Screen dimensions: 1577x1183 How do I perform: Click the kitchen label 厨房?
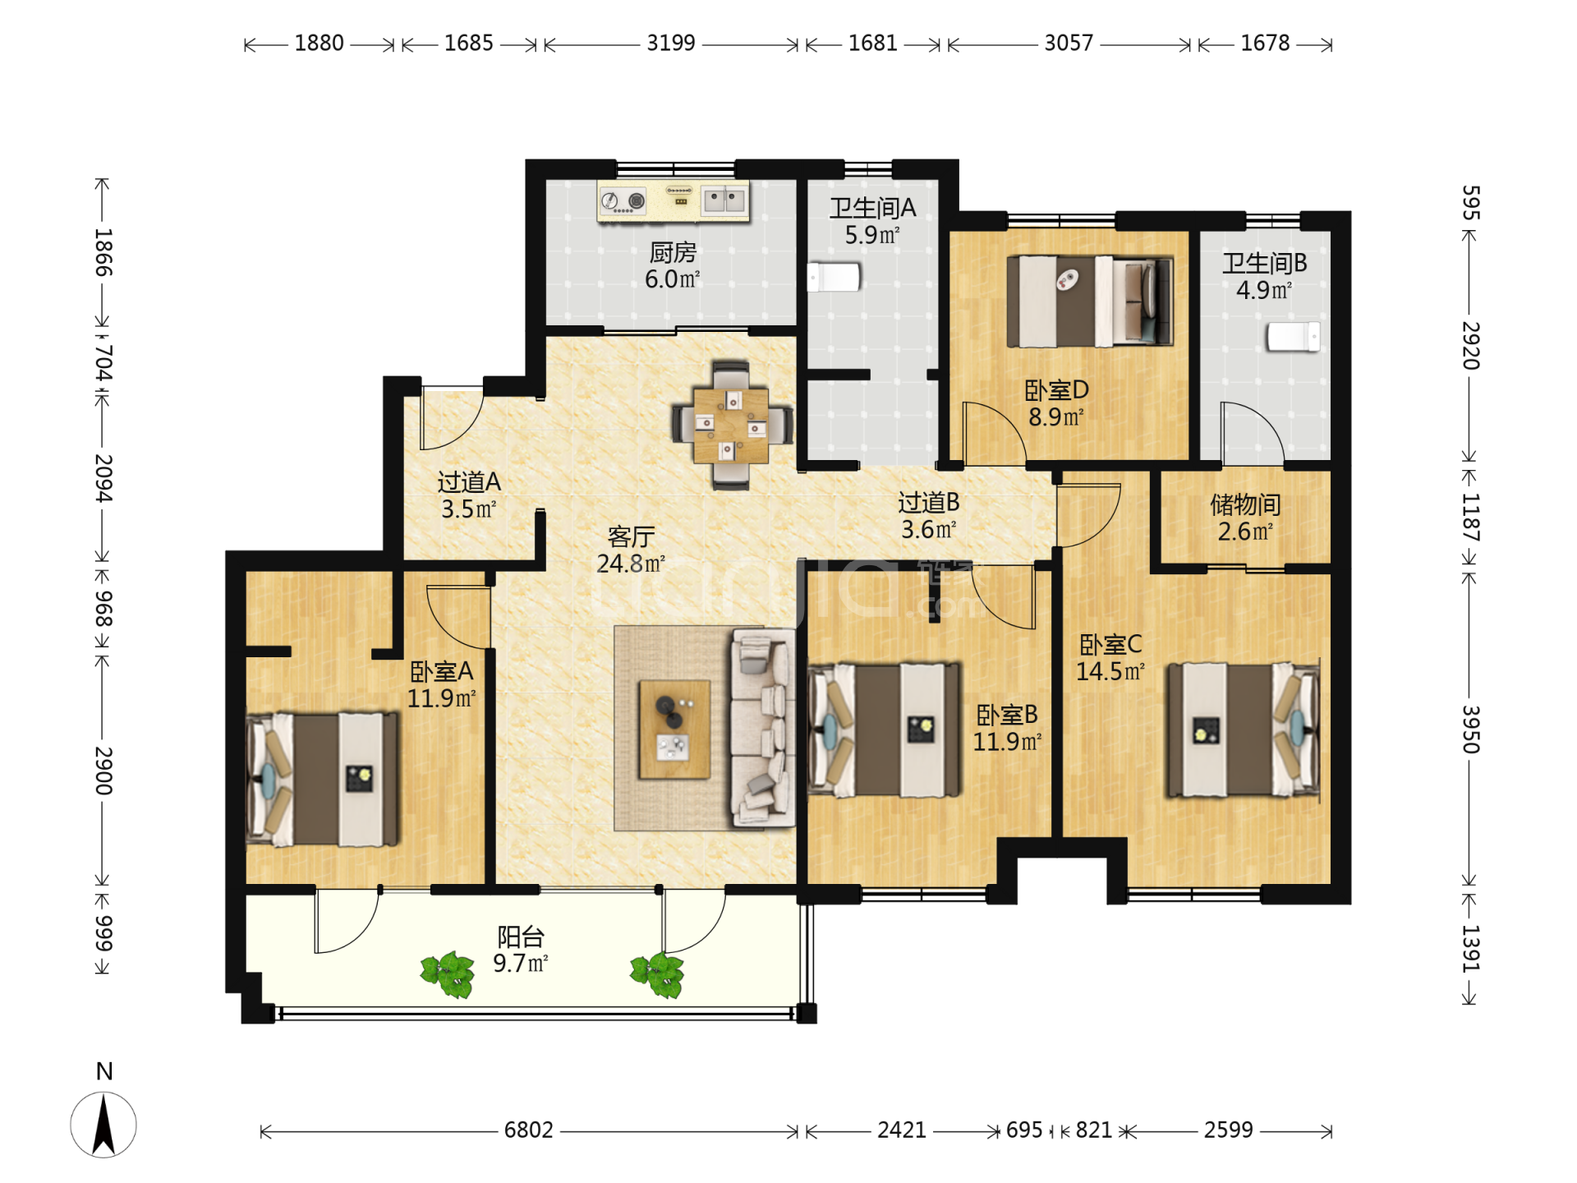pos(673,252)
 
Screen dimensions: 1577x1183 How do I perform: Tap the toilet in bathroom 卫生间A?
pos(834,277)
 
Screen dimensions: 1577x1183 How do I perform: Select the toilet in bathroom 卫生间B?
pos(1293,337)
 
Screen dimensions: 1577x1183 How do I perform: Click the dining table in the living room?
pos(731,426)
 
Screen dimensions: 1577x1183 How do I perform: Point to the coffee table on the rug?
pos(674,729)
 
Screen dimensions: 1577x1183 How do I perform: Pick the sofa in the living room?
pos(762,727)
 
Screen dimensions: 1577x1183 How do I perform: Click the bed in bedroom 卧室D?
pos(1090,301)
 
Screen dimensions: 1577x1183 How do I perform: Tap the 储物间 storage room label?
pos(1245,504)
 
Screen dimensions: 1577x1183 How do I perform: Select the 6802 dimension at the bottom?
pos(529,1130)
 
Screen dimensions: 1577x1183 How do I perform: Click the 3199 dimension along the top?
pos(671,43)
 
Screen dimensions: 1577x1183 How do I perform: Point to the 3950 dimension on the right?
pos(1470,730)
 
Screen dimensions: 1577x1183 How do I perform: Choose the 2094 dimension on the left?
pos(103,478)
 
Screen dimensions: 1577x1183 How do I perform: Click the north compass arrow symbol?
pos(103,1125)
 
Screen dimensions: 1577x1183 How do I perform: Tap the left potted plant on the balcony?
pos(448,974)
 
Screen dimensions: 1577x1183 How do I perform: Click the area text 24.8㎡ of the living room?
pos(631,564)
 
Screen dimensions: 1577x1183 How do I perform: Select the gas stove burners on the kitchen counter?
pos(623,200)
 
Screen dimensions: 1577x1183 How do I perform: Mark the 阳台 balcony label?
pos(521,937)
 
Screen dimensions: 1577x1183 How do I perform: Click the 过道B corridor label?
pos(929,502)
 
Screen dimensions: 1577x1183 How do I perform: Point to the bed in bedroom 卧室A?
pos(323,779)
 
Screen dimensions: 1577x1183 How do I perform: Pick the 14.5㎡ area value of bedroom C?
pos(1110,671)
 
